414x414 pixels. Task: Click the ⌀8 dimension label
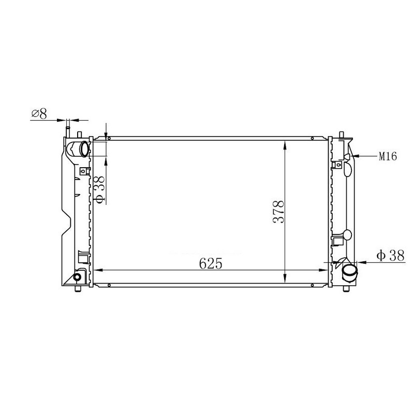[x=39, y=114]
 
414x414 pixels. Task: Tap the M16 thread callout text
[x=388, y=156]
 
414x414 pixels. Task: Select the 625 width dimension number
[x=211, y=263]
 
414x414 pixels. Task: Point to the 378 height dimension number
[x=278, y=212]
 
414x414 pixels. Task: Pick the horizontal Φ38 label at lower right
[x=390, y=256]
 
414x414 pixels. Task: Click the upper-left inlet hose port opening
[x=84, y=149]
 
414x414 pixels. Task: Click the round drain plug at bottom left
[x=77, y=277]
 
